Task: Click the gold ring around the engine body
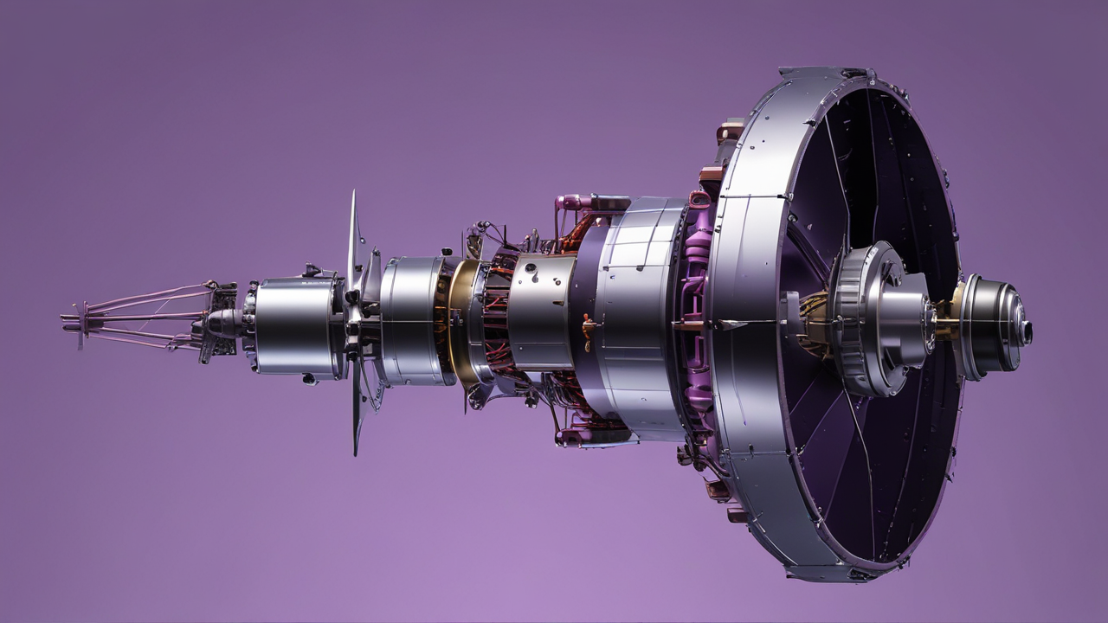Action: pos(458,320)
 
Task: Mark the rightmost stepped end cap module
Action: pos(991,327)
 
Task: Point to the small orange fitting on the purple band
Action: pos(589,328)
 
